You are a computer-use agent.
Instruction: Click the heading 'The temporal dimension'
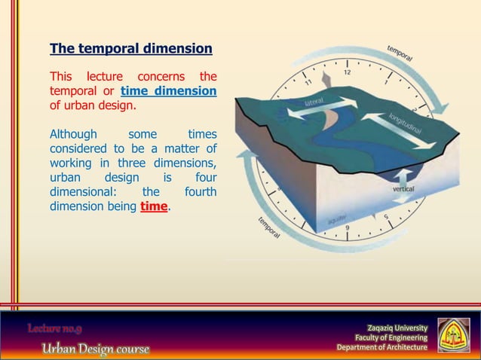(x=130, y=50)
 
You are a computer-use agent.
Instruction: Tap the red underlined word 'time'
(x=155, y=206)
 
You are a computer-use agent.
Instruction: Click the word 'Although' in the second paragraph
(x=73, y=135)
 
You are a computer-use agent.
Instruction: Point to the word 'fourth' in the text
(x=201, y=192)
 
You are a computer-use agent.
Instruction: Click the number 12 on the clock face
(x=347, y=72)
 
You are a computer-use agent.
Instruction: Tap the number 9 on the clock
(x=347, y=227)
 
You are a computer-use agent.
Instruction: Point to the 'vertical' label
(x=403, y=190)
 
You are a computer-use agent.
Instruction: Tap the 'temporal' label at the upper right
(x=400, y=53)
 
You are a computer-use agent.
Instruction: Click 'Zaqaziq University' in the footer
(x=397, y=328)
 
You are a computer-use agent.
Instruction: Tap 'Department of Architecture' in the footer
(x=381, y=347)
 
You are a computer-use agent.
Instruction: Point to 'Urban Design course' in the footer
(x=95, y=349)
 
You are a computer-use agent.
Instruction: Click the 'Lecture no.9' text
(x=55, y=328)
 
